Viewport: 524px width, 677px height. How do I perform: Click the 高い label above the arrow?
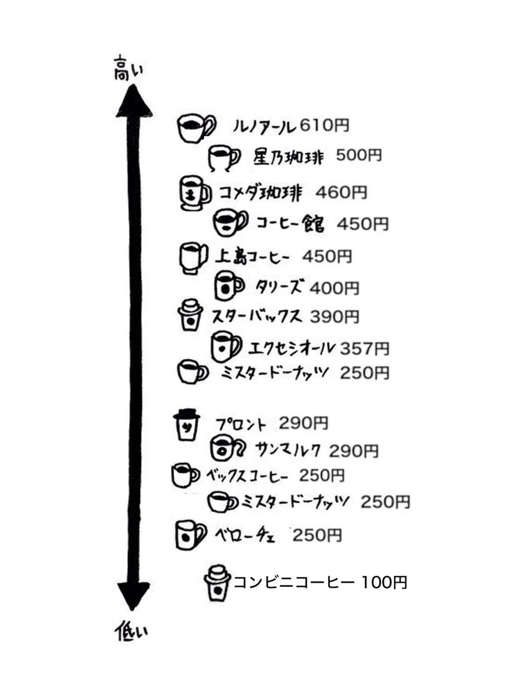pos(128,69)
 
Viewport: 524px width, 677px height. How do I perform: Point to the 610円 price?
pos(324,125)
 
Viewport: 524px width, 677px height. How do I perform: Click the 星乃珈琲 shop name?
pos(289,158)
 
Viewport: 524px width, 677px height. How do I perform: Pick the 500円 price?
pos(359,155)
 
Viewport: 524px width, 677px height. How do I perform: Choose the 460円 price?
pos(341,192)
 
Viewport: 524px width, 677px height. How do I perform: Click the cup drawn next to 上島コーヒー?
pos(193,258)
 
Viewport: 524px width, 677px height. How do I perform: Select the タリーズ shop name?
pos(279,287)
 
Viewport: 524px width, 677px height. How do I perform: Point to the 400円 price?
pos(334,288)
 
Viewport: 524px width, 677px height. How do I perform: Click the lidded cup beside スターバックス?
pos(190,315)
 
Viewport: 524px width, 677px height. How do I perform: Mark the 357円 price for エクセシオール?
pos(365,349)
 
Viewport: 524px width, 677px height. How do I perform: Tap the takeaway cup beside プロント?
pos(186,425)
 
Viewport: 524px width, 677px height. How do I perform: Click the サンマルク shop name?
pos(288,450)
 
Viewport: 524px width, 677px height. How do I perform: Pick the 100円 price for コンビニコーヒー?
pos(384,582)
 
